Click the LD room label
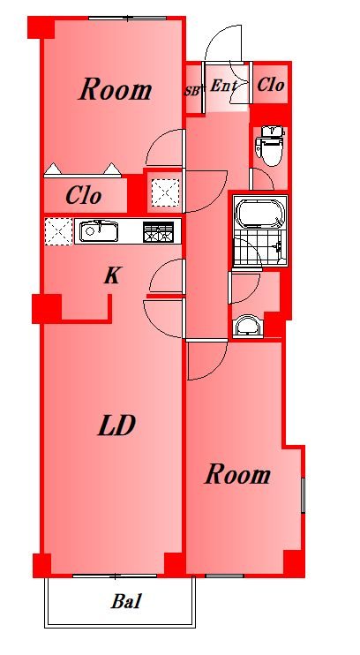tap(116, 425)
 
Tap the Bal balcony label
tap(125, 601)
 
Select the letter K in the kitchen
tap(112, 275)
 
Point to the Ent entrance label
tap(223, 86)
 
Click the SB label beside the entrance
tap(193, 91)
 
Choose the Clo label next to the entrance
tap(271, 85)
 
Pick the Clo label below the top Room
tap(84, 195)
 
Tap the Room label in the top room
tap(116, 90)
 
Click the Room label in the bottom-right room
tap(237, 475)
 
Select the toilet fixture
tap(270, 146)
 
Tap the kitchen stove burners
tap(158, 232)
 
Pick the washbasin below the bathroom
tap(248, 326)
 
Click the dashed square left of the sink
tap(58, 231)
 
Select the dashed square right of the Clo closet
tap(165, 192)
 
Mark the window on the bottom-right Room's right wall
tap(304, 495)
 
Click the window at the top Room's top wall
tap(129, 19)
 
